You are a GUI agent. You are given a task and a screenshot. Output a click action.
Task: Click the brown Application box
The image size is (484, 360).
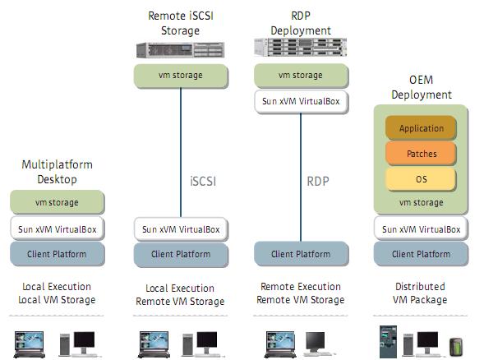421,128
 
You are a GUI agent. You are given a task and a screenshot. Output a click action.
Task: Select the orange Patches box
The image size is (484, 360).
421,154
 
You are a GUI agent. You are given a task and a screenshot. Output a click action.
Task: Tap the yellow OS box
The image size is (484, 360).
421,179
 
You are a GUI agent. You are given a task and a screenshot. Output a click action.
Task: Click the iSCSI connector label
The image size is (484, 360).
203,182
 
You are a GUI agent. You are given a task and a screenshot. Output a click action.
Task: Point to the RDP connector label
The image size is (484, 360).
318,182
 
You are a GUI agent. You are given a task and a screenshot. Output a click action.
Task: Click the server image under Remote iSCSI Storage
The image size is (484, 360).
181,50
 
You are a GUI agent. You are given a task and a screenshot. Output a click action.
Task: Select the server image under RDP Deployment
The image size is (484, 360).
300,47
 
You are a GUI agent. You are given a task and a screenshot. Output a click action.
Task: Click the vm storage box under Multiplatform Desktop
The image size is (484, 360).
58,202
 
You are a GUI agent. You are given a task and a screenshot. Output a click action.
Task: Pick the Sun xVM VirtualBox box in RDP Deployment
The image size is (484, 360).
301,102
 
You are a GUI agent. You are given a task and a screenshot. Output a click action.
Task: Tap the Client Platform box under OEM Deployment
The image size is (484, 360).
421,254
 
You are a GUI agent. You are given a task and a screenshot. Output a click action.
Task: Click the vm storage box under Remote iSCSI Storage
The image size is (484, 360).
181,76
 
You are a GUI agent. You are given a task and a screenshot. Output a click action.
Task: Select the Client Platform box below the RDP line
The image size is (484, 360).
301,254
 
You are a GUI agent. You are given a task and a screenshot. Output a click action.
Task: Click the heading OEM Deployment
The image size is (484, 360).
422,87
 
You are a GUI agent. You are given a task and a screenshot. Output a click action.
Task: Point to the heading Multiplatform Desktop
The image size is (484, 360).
57,172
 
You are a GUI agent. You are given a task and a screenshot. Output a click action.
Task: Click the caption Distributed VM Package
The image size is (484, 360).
420,293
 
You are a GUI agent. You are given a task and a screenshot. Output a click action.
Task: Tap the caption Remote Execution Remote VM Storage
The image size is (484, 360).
301,293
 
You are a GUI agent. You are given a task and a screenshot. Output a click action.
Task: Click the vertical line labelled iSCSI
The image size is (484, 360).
181,153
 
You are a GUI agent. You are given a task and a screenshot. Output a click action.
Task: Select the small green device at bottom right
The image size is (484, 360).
456,347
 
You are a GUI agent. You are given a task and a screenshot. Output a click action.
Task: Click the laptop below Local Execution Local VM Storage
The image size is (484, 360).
30,344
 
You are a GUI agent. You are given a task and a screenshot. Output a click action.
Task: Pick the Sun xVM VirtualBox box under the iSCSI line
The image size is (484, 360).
181,229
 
